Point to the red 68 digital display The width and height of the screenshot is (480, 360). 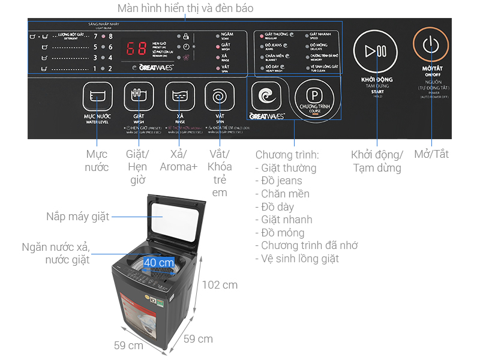pos(134,48)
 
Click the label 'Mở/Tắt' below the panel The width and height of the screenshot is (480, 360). pos(431,154)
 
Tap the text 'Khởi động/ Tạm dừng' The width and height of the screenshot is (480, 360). pos(377,161)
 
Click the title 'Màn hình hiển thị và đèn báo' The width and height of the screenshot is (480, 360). pos(185,8)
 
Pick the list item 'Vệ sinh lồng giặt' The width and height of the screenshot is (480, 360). pos(299,259)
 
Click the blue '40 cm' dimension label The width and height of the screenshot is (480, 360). pos(159,263)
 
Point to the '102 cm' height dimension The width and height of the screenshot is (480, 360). pos(219,284)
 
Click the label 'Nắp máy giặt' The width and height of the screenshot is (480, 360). pos(78,217)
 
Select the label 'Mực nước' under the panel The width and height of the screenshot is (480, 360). pos(97,160)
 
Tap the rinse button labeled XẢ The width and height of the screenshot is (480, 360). pos(179,97)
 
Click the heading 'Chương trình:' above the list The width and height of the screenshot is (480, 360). pos(286,154)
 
